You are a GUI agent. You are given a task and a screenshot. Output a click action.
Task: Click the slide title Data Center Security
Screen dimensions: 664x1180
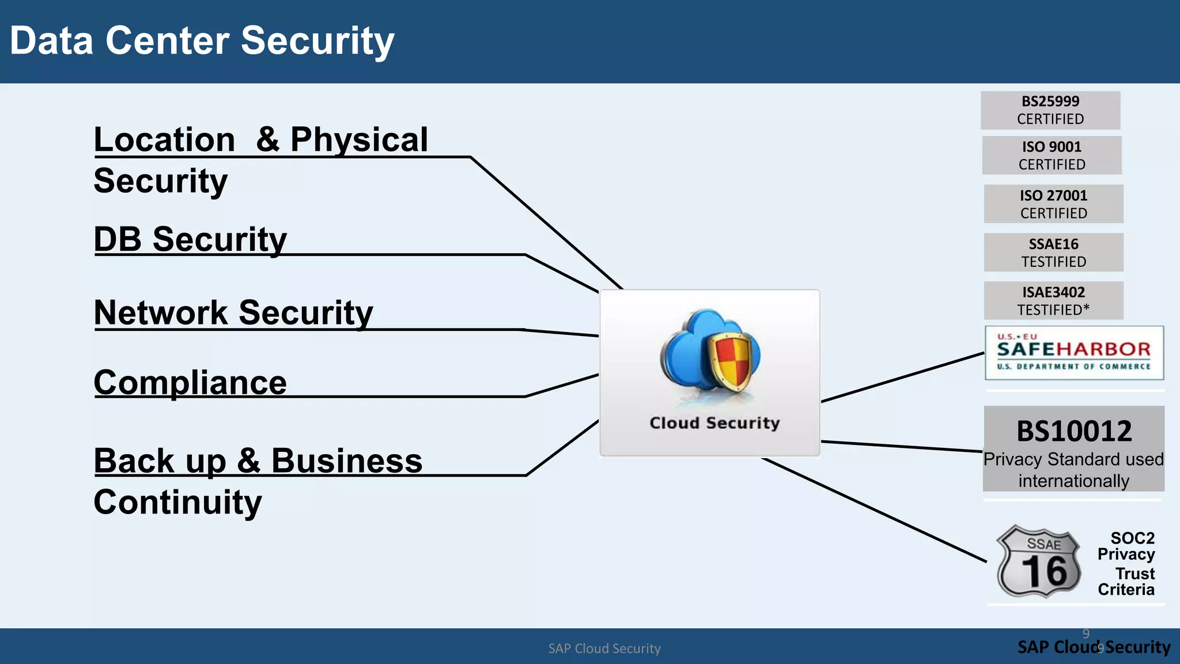pos(202,41)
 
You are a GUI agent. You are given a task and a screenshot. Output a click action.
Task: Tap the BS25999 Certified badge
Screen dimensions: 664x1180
pos(1050,110)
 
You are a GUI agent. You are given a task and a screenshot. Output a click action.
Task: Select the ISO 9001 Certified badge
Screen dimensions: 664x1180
pos(1052,156)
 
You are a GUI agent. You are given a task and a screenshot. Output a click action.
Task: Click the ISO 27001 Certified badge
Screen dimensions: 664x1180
pos(1053,204)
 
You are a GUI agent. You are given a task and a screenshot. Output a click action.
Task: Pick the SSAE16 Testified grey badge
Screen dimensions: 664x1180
pos(1053,252)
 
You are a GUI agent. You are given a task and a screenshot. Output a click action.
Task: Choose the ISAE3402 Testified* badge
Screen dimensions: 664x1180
pos(1053,300)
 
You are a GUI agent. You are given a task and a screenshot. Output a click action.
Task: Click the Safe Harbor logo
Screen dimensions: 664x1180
pos(1074,353)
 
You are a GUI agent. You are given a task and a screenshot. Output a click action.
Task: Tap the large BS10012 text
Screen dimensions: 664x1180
pos(1074,431)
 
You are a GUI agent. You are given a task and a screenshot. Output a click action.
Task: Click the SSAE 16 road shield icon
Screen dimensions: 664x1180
pos(1039,561)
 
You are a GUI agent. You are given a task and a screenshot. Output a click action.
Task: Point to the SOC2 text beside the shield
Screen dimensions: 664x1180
pos(1132,538)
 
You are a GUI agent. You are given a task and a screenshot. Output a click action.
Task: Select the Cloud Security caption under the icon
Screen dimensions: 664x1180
pos(714,423)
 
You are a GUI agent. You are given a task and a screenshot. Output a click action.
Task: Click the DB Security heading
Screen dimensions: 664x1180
pos(190,239)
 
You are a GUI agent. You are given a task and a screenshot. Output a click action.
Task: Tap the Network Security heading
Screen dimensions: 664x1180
pos(233,312)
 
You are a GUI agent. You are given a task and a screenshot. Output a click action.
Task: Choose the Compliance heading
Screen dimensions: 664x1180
pos(190,383)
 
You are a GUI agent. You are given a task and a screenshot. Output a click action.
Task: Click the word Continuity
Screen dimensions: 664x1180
pos(177,502)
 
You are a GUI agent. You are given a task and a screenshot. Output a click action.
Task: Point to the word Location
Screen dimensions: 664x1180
pos(165,140)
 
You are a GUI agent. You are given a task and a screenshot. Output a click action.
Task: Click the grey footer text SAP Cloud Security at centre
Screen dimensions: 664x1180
pos(604,648)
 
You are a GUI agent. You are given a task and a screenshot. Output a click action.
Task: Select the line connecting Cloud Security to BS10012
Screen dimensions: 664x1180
pos(902,446)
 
